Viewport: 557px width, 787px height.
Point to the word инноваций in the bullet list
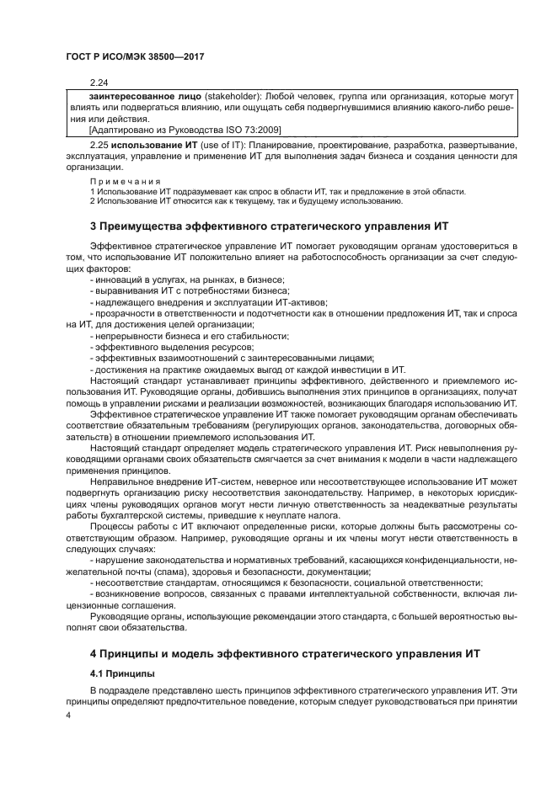(x=121, y=279)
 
